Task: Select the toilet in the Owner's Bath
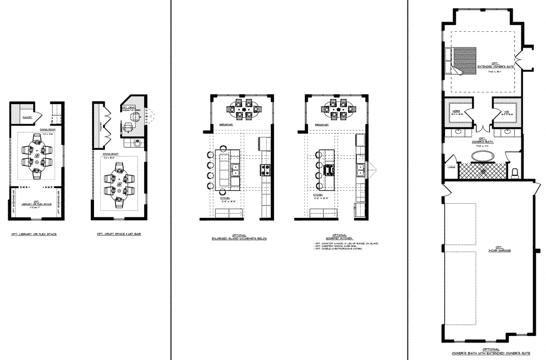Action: (514, 171)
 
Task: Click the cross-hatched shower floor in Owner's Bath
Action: (482, 170)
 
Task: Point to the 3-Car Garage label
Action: (490, 248)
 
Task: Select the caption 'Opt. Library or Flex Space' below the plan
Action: (34, 234)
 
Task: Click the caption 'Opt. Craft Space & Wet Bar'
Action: (119, 234)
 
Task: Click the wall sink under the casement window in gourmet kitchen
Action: (361, 168)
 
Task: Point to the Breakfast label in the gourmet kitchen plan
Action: (322, 125)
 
